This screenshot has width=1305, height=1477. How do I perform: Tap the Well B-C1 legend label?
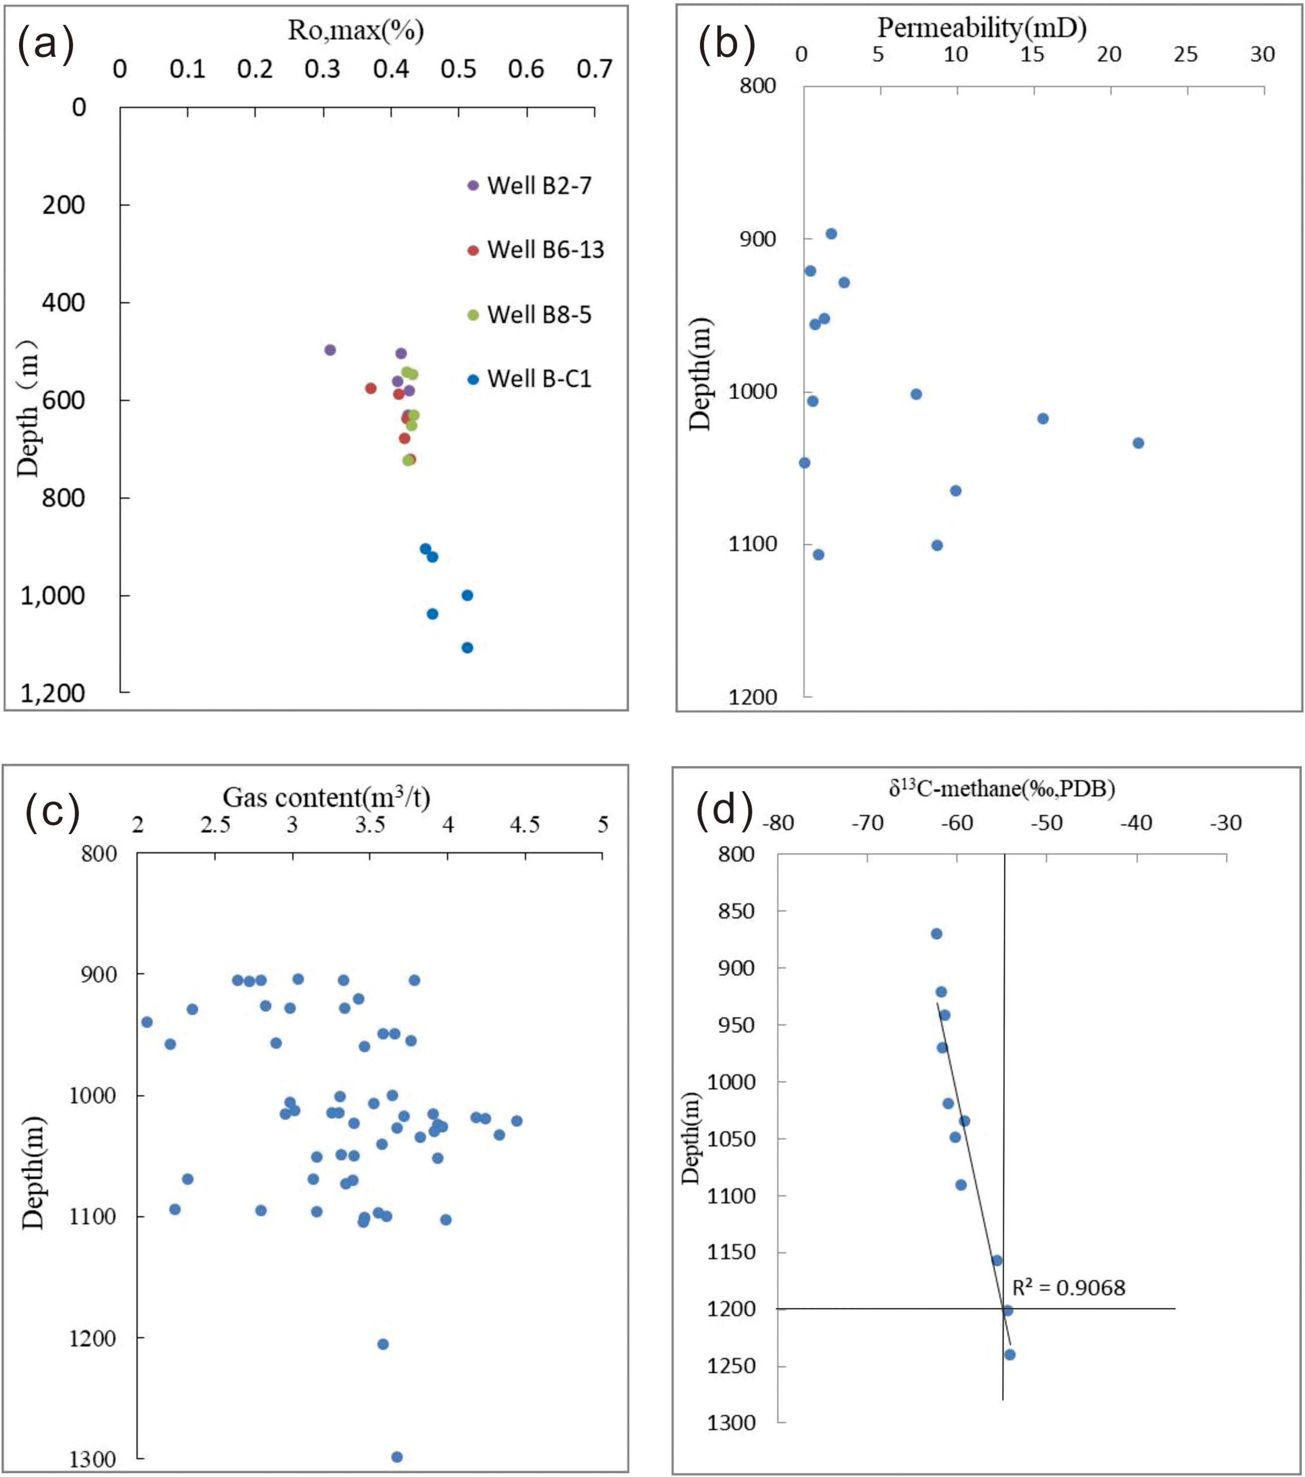coord(539,379)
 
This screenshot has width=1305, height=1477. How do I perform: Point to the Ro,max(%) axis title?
coord(355,31)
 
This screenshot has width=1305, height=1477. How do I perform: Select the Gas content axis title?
coord(326,797)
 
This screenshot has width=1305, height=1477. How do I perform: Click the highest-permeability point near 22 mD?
coord(1138,443)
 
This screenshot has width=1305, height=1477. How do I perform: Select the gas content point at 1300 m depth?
coord(397,1457)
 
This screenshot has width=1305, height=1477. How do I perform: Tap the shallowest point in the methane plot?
coord(937,934)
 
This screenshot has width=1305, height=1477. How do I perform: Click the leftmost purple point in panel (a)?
coord(330,350)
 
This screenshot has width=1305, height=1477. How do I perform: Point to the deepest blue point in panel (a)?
coord(468,647)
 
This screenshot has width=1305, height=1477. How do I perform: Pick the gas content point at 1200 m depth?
coord(383,1344)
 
